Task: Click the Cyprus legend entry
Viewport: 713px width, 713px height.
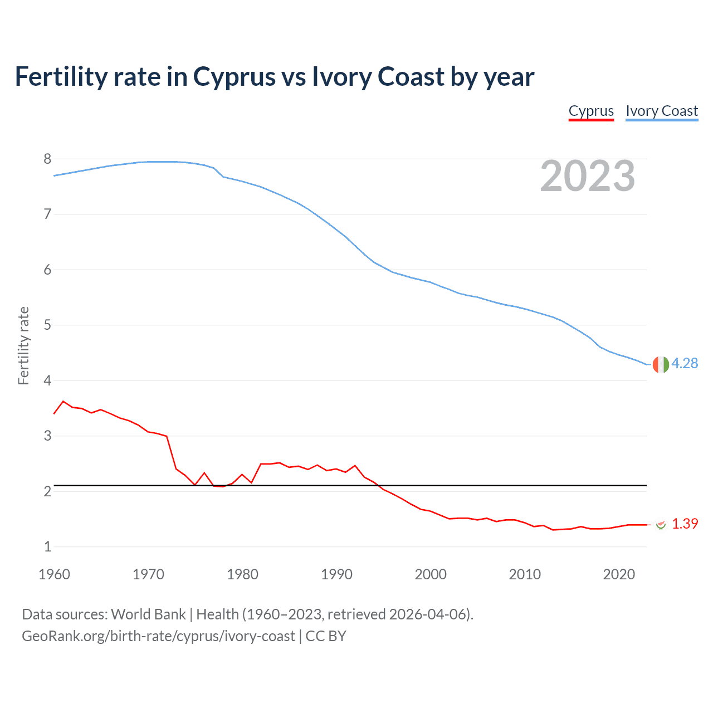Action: (591, 111)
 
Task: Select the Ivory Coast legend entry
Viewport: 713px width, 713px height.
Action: (662, 111)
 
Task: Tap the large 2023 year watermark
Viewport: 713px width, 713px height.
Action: (588, 176)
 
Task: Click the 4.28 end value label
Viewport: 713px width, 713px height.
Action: (685, 363)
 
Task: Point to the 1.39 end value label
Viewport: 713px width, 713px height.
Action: (685, 524)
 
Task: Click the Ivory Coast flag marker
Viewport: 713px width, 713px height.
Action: (661, 364)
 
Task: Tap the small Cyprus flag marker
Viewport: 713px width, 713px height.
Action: (661, 524)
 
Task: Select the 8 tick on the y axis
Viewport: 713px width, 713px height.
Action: (47, 159)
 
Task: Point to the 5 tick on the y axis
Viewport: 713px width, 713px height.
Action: (47, 325)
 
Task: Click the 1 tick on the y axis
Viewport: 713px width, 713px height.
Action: (47, 546)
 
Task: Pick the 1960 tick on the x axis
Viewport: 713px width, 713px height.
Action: (54, 574)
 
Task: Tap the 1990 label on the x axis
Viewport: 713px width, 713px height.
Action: (336, 574)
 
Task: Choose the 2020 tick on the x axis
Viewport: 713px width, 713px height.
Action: (619, 574)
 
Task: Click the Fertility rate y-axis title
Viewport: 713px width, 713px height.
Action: (23, 345)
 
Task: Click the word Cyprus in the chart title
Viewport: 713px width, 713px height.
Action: (234, 77)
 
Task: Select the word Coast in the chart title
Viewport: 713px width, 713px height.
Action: (411, 77)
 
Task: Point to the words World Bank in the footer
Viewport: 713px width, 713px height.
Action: (148, 614)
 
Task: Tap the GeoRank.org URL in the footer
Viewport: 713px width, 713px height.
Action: (158, 636)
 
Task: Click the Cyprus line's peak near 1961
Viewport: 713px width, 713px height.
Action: (64, 401)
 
